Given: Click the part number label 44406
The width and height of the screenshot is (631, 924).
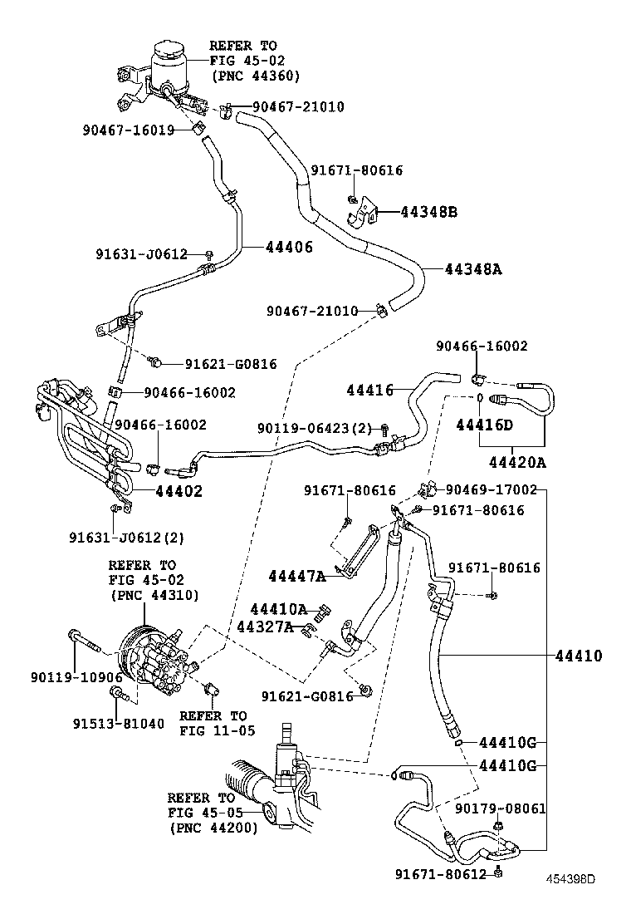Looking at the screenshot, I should [x=290, y=247].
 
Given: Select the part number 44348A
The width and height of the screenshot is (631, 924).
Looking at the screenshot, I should [x=475, y=269].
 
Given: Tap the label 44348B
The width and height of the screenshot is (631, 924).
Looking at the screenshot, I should [x=428, y=212].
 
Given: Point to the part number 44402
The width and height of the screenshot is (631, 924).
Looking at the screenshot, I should [x=179, y=491].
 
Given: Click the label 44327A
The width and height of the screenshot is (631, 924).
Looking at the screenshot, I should [x=266, y=627].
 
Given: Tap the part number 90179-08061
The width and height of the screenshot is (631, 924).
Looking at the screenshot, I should [x=501, y=808].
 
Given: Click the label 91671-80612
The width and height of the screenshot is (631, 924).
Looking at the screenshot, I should [x=441, y=873].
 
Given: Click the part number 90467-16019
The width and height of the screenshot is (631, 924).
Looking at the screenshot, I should [x=128, y=130].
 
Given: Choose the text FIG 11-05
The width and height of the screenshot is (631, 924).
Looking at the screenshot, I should [x=213, y=730].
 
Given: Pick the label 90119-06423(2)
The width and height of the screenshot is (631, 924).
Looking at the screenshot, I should [x=315, y=428].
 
